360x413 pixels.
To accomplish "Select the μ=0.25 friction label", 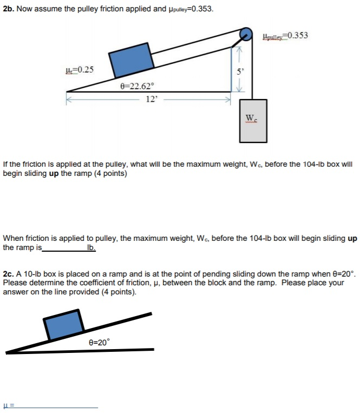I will (79, 69).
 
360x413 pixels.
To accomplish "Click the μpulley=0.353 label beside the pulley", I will (285, 36).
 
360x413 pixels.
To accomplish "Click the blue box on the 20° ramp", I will (63, 326).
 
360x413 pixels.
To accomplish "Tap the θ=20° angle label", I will (99, 342).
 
